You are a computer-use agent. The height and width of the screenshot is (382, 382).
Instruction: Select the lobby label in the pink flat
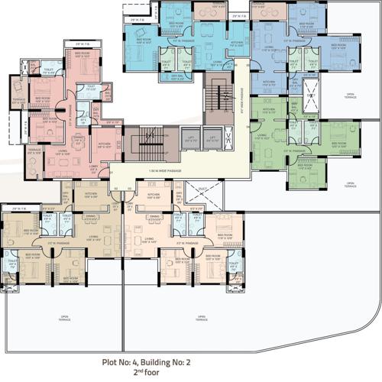94,166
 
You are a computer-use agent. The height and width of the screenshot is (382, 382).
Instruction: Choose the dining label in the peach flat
154,216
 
